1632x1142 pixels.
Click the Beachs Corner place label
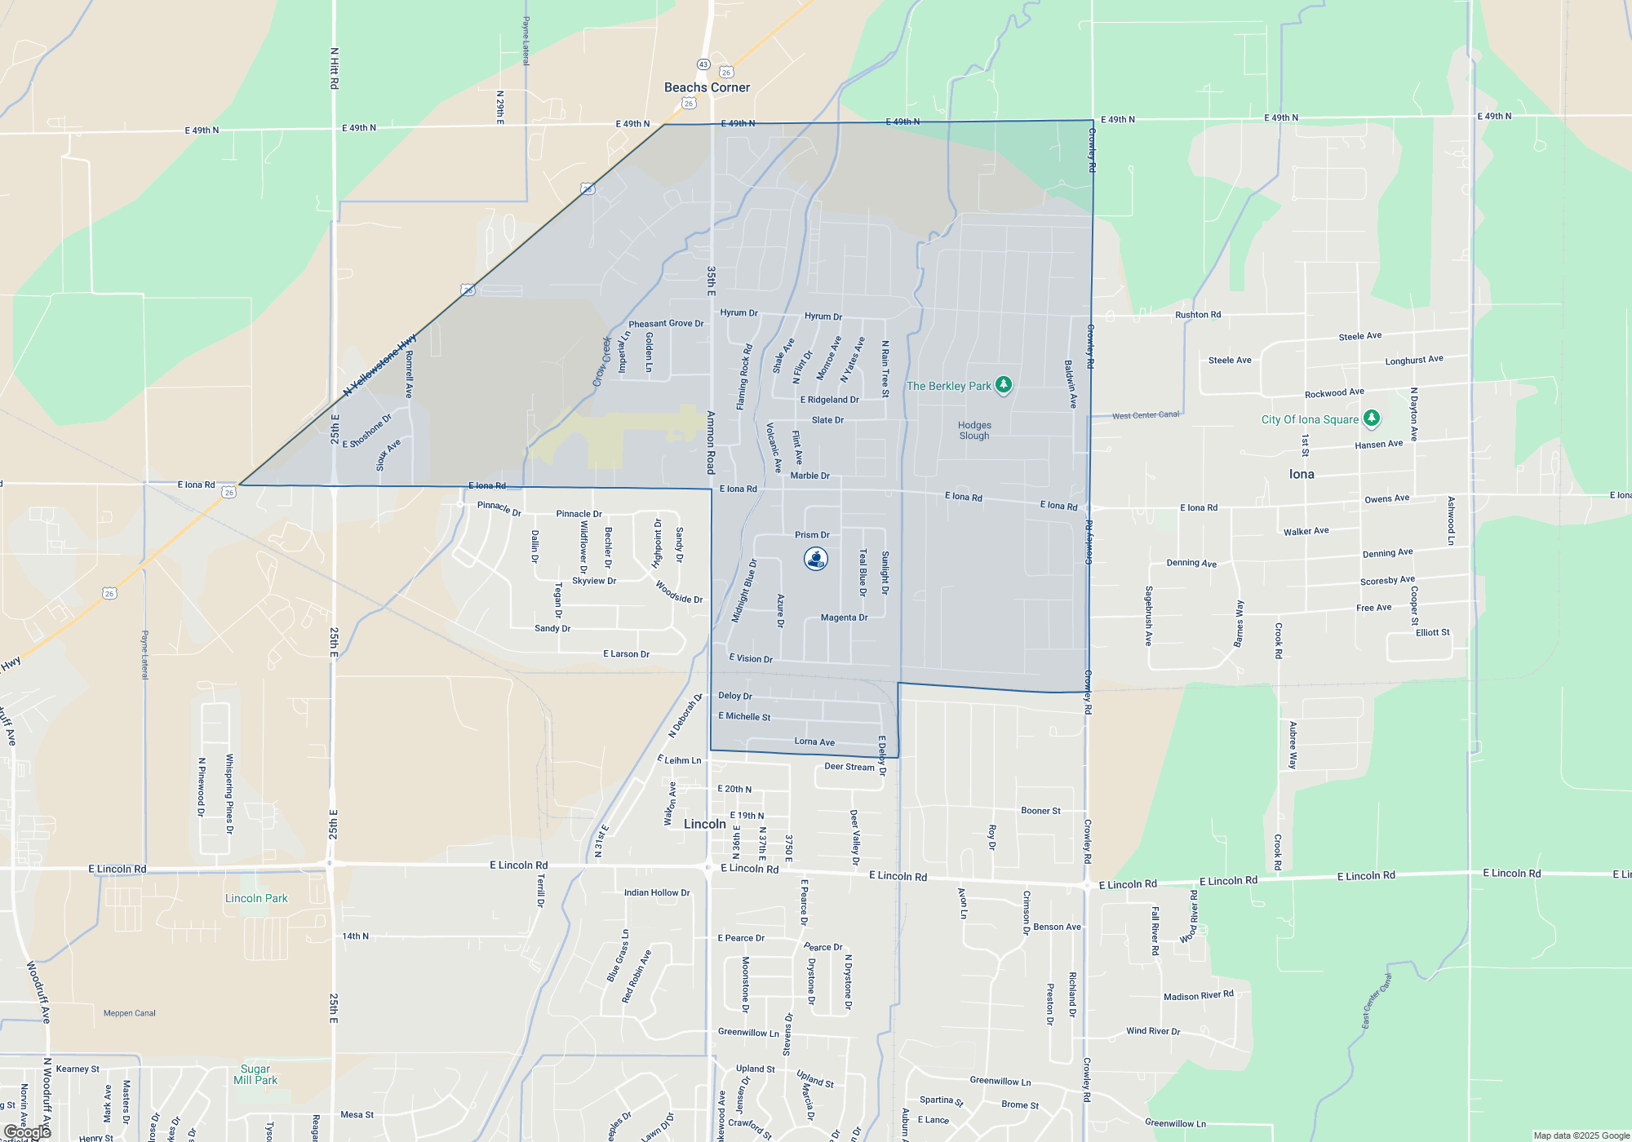pyautogui.click(x=707, y=87)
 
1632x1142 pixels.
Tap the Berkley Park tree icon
pyautogui.click(x=1004, y=385)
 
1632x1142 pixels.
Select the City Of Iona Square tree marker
pyautogui.click(x=1372, y=418)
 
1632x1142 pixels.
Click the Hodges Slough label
pyautogui.click(x=974, y=431)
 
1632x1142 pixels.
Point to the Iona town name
pyautogui.click(x=1302, y=474)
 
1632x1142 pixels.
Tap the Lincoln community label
pyautogui.click(x=705, y=824)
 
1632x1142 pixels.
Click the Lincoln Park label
pyautogui.click(x=256, y=898)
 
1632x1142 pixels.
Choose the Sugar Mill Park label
pyautogui.click(x=255, y=1074)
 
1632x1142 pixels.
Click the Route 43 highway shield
pyautogui.click(x=703, y=64)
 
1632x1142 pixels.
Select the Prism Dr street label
pyautogui.click(x=812, y=535)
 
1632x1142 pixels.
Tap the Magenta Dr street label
pyautogui.click(x=844, y=617)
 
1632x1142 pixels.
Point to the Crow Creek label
pyautogui.click(x=602, y=361)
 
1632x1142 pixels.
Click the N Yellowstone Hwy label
pyautogui.click(x=379, y=365)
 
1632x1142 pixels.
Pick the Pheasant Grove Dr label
pyautogui.click(x=666, y=324)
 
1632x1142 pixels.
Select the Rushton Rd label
pyautogui.click(x=1198, y=315)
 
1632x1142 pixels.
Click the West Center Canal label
pyautogui.click(x=1146, y=415)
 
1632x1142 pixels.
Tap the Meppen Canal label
pyautogui.click(x=130, y=1013)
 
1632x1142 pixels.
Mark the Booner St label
pyautogui.click(x=1040, y=811)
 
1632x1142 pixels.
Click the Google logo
pyautogui.click(x=28, y=1131)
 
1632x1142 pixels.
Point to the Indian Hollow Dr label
pyautogui.click(x=657, y=892)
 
